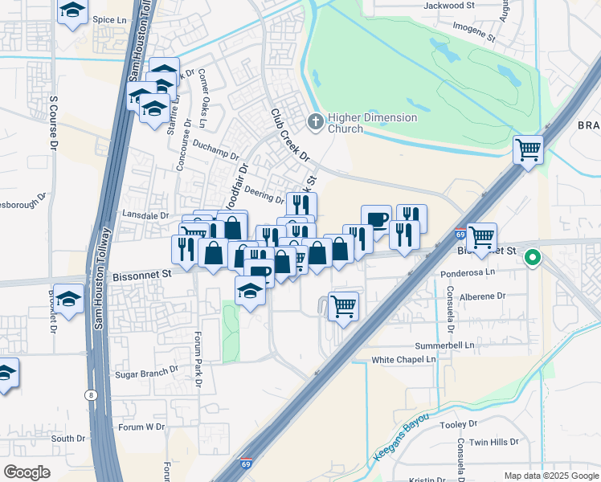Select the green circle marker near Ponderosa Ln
532,259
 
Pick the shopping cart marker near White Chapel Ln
343,305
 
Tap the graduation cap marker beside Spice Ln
73,11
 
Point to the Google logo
27,472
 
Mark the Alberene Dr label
482,296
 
